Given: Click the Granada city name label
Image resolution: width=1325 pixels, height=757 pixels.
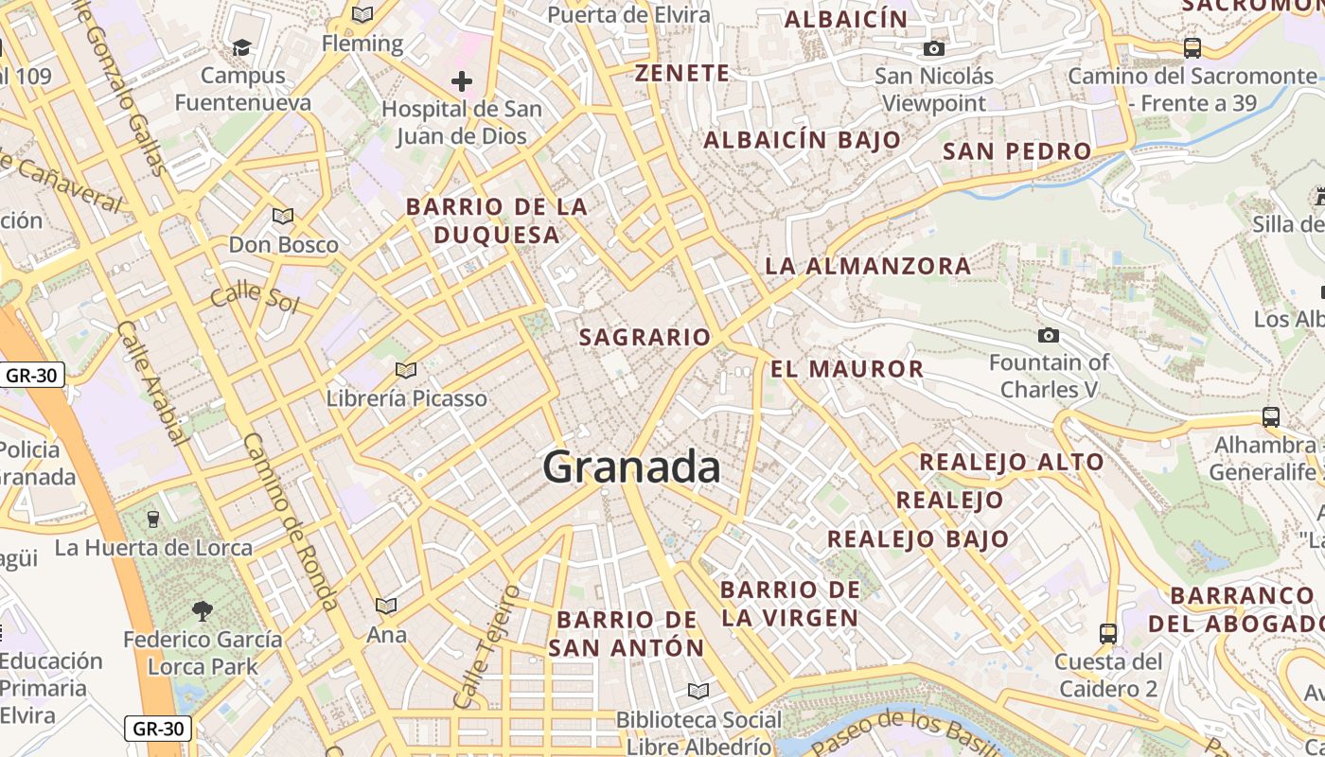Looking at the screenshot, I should (631, 467).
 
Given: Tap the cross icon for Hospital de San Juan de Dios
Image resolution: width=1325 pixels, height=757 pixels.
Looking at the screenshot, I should (462, 81).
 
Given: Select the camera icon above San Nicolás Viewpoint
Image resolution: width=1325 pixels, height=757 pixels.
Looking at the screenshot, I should (934, 48).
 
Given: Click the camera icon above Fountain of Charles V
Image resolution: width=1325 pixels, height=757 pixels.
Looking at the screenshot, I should (1049, 335).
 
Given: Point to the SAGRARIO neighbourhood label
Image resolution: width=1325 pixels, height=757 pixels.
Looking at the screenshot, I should (645, 337).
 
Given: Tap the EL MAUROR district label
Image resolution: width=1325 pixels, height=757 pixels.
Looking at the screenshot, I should (847, 369).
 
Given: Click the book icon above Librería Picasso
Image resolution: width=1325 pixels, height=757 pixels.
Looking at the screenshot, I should (406, 370).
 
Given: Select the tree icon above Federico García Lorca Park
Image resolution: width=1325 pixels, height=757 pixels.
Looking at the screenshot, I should (202, 611).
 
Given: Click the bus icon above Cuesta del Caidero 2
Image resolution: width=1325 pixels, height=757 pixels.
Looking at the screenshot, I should (1108, 633).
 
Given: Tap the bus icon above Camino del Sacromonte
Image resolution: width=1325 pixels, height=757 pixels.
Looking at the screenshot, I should (1192, 47).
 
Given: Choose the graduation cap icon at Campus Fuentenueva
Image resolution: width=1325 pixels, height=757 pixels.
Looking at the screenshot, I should (242, 47).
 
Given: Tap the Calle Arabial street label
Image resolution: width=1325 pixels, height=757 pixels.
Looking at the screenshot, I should (150, 382).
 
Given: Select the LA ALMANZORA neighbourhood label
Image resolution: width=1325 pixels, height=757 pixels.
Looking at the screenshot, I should (868, 266).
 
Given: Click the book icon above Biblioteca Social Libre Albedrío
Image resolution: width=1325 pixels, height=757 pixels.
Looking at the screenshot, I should (698, 691).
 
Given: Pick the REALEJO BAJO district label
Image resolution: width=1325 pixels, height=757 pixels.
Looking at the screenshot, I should (918, 539).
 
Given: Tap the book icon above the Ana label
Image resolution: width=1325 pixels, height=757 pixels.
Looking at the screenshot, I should (386, 606).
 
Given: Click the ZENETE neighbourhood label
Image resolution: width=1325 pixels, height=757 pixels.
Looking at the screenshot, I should (681, 73).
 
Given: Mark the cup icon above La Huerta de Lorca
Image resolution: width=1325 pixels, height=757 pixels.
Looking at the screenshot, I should (153, 519).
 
